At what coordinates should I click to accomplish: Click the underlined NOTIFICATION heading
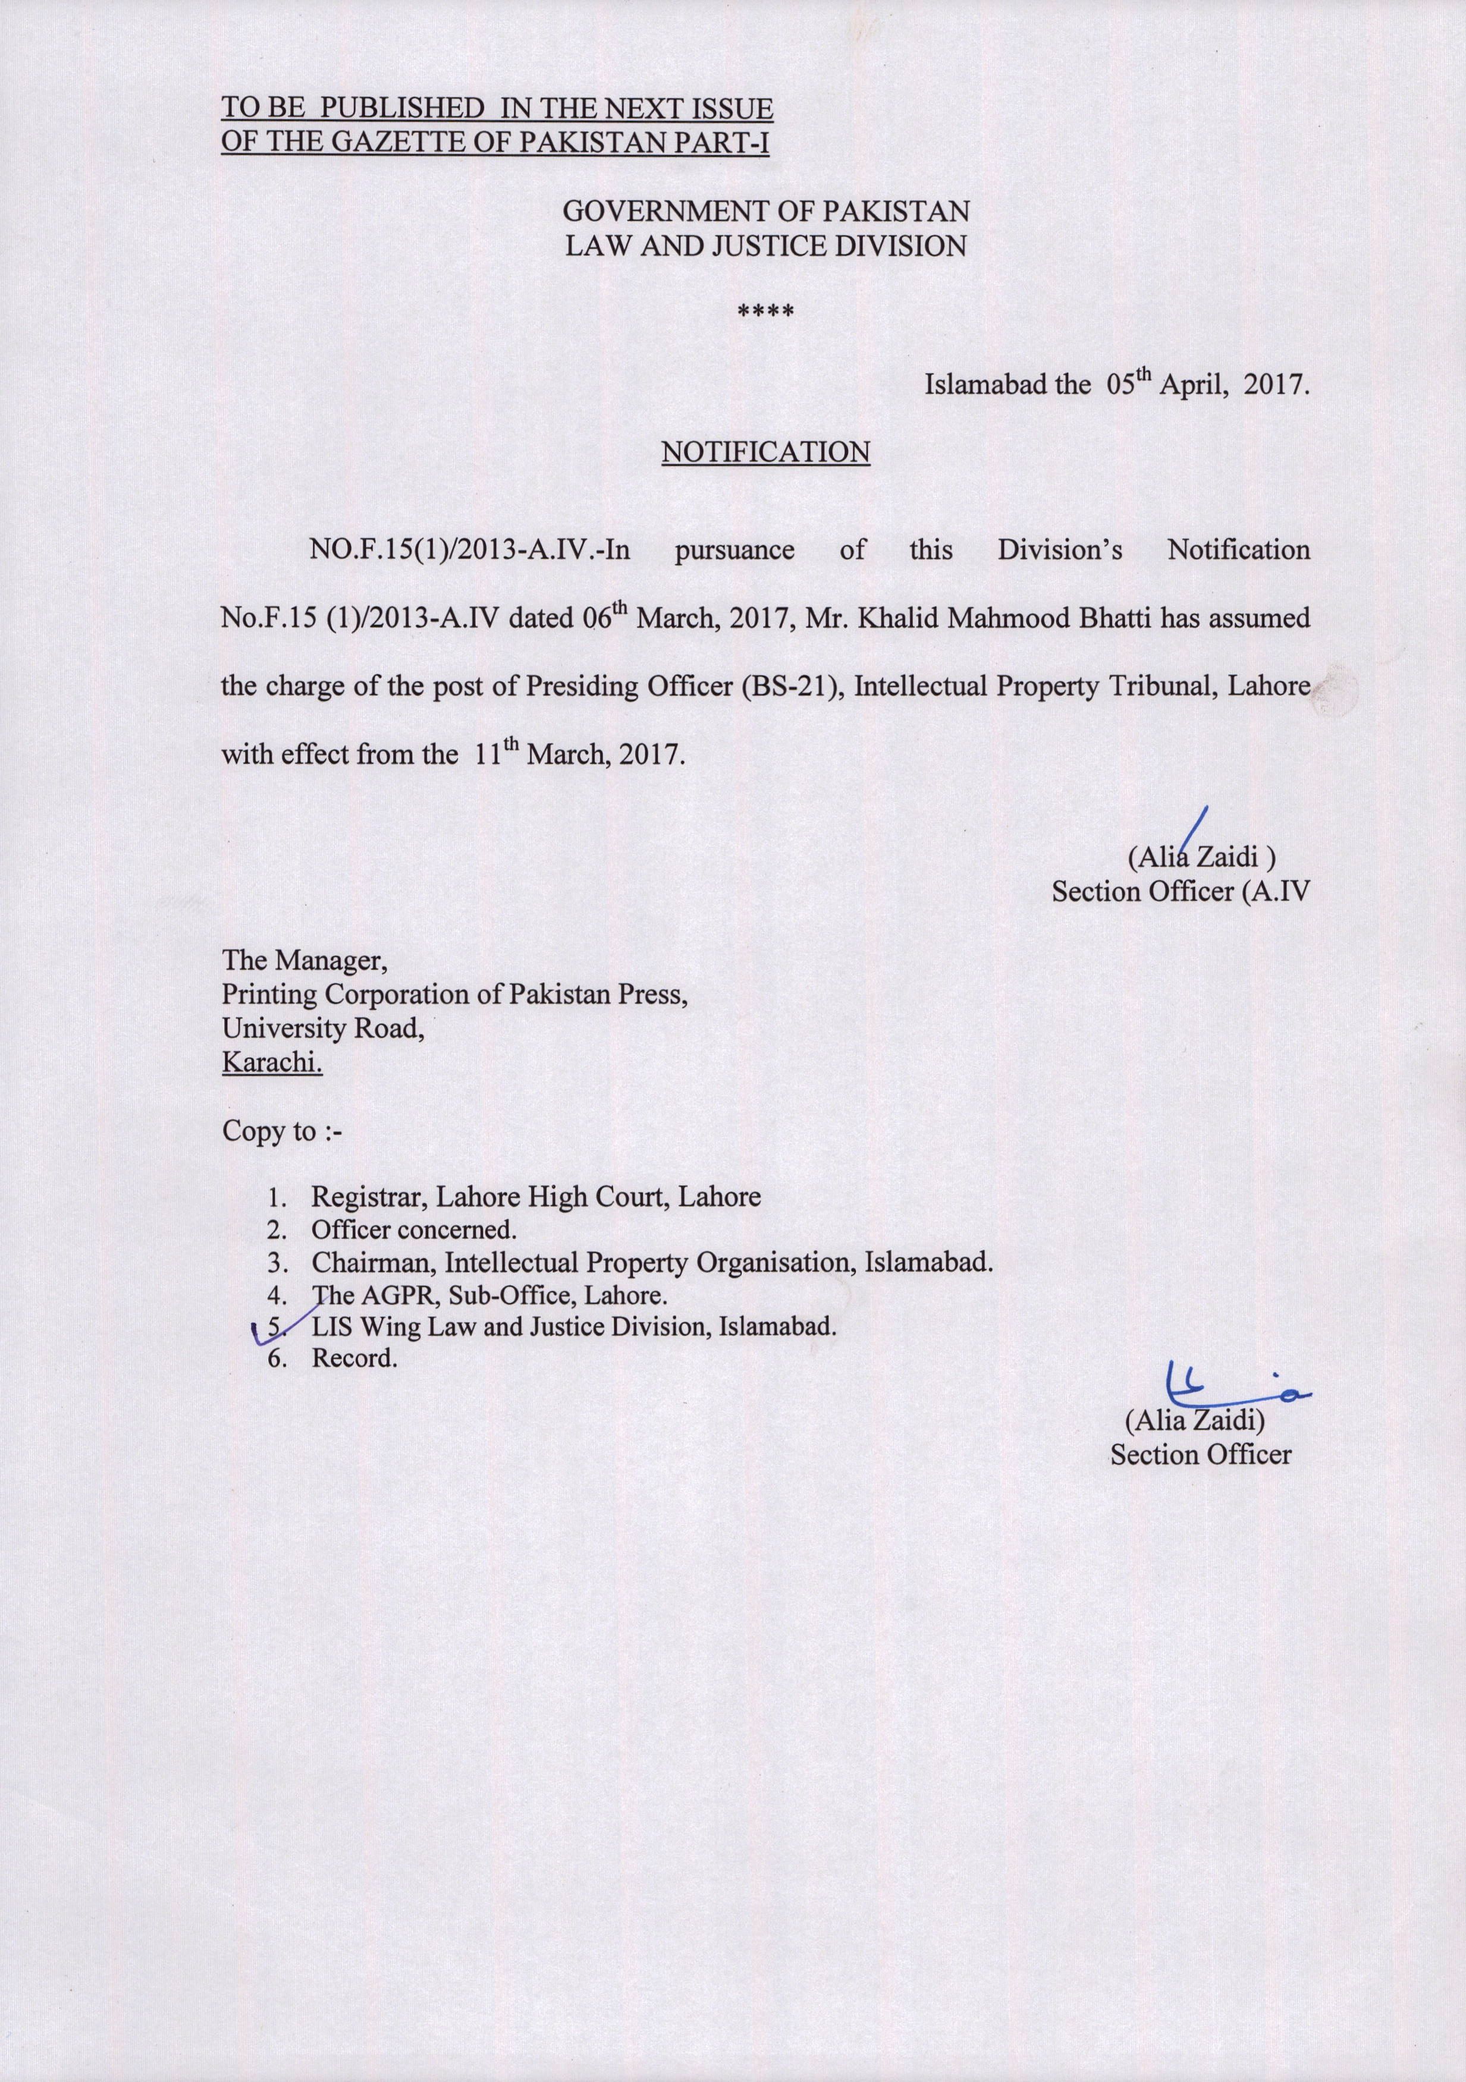pos(765,452)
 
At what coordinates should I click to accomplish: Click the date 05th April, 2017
pos(1207,385)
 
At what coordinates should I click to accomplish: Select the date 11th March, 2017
pos(579,753)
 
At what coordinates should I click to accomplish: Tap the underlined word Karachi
pos(272,1062)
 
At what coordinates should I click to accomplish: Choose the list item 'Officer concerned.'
pos(414,1229)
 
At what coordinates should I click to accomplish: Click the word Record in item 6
pos(354,1358)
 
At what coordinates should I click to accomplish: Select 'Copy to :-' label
pos(282,1132)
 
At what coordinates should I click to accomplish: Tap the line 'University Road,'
pos(323,1029)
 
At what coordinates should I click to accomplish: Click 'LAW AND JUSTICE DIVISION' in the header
pos(765,246)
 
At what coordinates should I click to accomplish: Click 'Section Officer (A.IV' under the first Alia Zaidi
pos(1181,891)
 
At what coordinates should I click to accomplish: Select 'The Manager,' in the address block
pos(305,960)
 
